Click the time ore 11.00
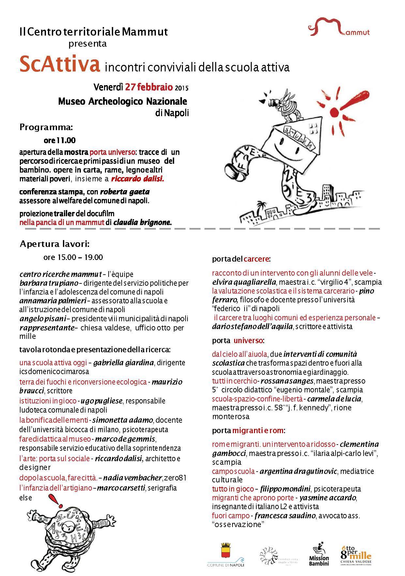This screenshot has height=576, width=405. point(60,141)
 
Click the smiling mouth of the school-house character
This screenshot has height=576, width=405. point(287,148)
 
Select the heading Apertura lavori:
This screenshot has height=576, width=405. point(55,244)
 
